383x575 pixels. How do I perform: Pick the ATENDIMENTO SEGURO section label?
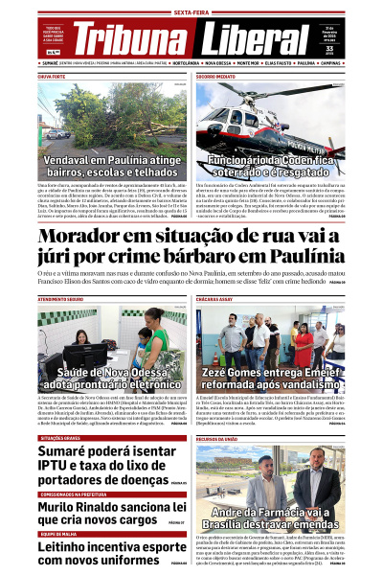click(x=60, y=300)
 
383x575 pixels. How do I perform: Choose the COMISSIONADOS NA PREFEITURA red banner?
click(x=69, y=494)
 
